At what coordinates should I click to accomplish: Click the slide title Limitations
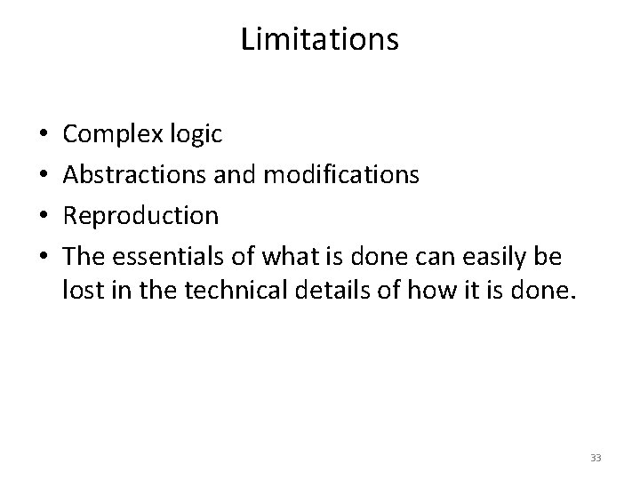(x=320, y=40)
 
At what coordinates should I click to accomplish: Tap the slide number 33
(x=595, y=458)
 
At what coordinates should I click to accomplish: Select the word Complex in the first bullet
(x=112, y=135)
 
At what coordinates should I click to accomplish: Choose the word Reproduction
(x=140, y=216)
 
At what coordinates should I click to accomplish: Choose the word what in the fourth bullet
(x=284, y=256)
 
